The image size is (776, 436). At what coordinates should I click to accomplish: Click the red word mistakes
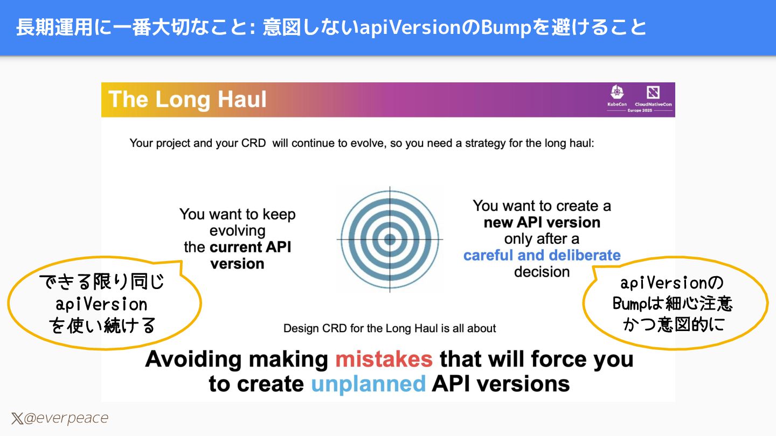[384, 359]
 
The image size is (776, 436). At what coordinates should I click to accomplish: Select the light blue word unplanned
[368, 384]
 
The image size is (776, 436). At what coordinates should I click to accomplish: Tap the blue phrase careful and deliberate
[542, 255]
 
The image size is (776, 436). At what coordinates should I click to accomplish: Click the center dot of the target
[390, 239]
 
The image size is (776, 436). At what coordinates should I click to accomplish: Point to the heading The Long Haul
[188, 100]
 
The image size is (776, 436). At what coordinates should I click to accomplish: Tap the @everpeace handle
[66, 418]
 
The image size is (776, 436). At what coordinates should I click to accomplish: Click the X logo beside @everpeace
[17, 419]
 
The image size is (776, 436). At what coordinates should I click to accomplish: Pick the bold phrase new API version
[542, 222]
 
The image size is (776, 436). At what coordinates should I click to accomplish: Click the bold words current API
[250, 247]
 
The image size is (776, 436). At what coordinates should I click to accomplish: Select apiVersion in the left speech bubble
[101, 305]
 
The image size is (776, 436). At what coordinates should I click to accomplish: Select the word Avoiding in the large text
[191, 359]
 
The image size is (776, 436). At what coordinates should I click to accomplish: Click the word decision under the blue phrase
[542, 272]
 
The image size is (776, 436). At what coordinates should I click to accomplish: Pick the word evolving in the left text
[237, 231]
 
